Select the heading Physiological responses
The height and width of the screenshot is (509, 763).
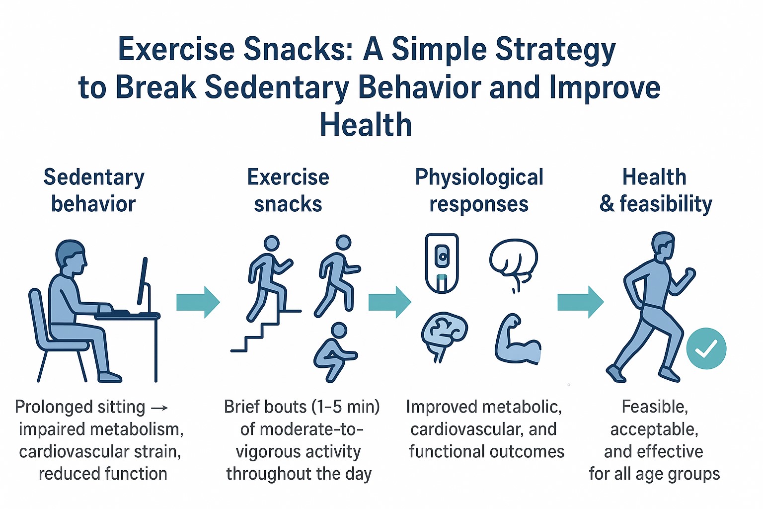pos(479,190)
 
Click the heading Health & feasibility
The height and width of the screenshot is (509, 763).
pos(655,190)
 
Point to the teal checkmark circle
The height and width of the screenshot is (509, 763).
pos(706,348)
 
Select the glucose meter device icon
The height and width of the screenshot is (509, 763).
pos(442,263)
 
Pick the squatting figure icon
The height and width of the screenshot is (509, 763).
pos(335,352)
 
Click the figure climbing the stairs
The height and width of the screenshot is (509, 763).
pos(269,278)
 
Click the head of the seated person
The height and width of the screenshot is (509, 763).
pos(71,257)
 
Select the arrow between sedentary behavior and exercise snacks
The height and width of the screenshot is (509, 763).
pos(198,302)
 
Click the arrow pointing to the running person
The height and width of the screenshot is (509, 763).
pos(580,302)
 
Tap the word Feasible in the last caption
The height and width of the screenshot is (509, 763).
pos(655,407)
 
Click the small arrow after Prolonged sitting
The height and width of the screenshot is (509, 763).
pos(159,408)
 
